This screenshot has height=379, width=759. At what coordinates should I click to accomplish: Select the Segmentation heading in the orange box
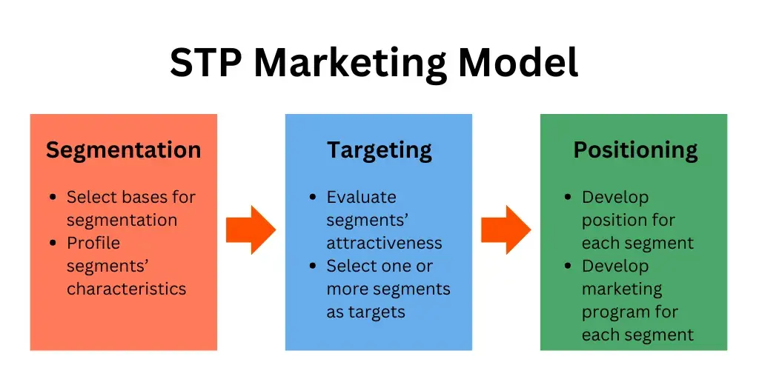click(x=123, y=150)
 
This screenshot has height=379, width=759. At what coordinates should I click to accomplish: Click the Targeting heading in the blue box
click(x=379, y=150)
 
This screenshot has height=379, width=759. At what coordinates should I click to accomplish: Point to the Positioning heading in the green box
click(x=635, y=150)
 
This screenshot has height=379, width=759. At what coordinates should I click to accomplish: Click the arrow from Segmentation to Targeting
click(x=251, y=229)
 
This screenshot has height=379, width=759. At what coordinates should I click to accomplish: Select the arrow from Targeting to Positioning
click(x=506, y=229)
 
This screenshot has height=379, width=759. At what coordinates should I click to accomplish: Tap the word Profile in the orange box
click(x=93, y=243)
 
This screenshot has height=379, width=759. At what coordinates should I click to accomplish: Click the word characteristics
click(x=126, y=289)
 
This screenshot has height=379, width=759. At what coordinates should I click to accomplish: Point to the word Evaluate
click(x=362, y=197)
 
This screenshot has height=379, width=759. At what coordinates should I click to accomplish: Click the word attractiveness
click(x=384, y=243)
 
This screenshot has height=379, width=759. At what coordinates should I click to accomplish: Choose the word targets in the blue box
click(x=377, y=312)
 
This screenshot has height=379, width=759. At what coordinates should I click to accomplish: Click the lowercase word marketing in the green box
click(x=621, y=289)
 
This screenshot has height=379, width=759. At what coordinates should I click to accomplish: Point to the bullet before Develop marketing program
click(x=568, y=266)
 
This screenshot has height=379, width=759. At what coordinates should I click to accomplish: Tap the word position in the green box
click(x=612, y=220)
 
